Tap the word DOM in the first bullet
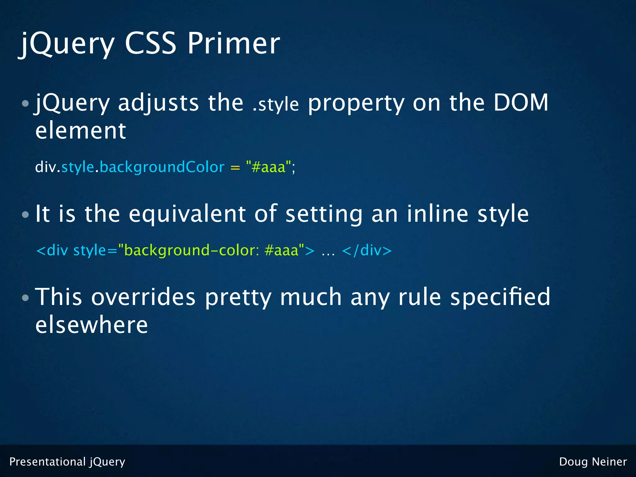[x=521, y=102]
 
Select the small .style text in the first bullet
[x=275, y=105]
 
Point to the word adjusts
[x=158, y=103]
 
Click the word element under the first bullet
[x=81, y=130]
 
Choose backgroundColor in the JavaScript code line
[x=162, y=167]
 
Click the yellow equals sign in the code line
[x=235, y=168]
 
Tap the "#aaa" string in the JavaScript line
[x=269, y=167]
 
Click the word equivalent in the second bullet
[x=187, y=214]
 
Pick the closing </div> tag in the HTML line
[x=367, y=250]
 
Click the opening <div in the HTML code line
[x=52, y=250]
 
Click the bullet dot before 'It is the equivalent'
[x=25, y=215]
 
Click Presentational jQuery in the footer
[x=67, y=462]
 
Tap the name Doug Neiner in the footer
[x=593, y=462]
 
